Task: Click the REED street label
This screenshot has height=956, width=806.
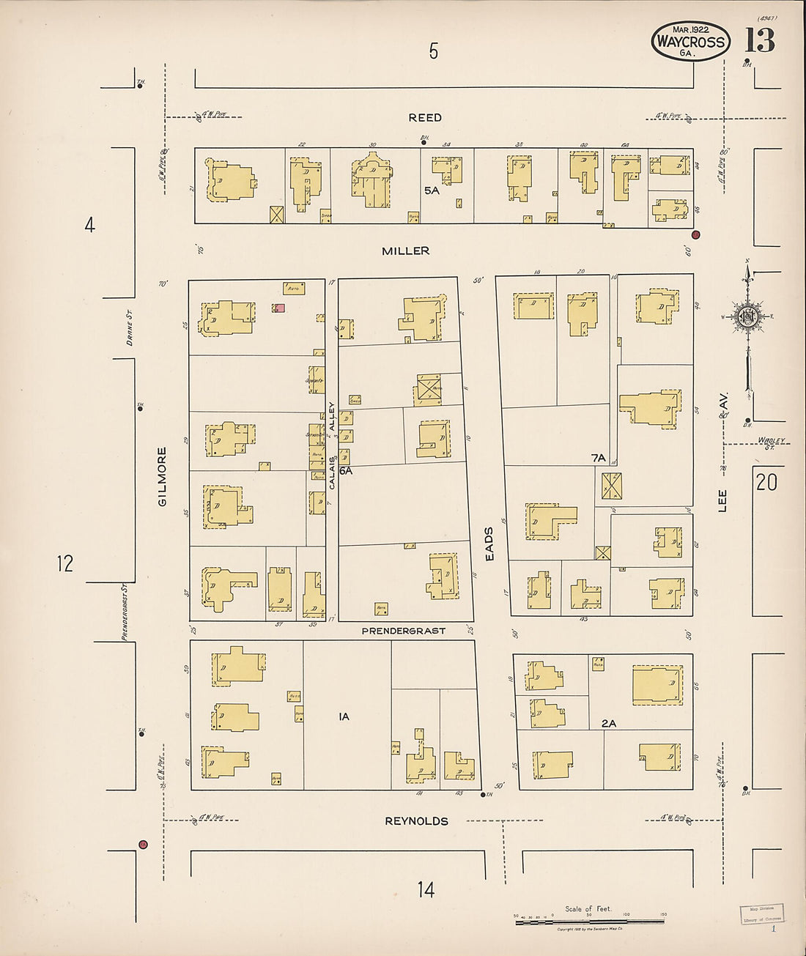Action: (x=425, y=117)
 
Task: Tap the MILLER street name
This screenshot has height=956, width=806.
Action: (x=405, y=251)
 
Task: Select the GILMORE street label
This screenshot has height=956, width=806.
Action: (x=162, y=476)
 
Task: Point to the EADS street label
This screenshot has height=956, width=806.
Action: (x=489, y=544)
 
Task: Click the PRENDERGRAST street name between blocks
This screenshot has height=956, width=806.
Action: (x=403, y=631)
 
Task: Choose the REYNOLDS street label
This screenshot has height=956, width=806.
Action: (x=416, y=821)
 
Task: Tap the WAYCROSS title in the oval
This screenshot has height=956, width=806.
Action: (x=690, y=42)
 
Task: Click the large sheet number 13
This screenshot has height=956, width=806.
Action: (x=760, y=40)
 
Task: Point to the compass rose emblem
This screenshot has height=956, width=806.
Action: (x=747, y=316)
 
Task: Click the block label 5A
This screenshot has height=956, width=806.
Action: (x=431, y=190)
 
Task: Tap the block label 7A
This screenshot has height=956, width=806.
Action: (x=599, y=458)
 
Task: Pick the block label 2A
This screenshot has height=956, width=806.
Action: (x=608, y=724)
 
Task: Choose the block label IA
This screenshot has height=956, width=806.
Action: (x=344, y=716)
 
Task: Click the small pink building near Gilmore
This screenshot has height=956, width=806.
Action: (x=279, y=308)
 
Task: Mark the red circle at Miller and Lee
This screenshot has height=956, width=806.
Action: (x=695, y=234)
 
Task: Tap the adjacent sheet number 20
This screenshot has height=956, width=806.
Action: (x=766, y=482)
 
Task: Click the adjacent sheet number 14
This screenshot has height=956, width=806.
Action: (x=426, y=889)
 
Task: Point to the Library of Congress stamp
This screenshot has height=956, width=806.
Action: (x=761, y=914)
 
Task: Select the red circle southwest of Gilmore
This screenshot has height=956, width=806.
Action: (x=143, y=845)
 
